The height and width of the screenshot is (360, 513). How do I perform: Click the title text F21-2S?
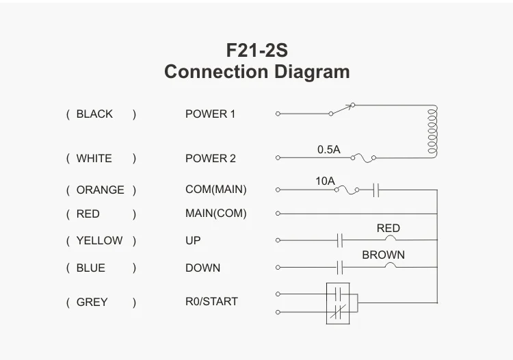pos(256,50)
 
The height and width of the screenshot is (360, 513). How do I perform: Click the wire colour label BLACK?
pos(94,114)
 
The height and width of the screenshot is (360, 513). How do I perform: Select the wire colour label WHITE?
pos(94,158)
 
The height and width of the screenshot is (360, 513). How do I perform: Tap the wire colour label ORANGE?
pos(100,190)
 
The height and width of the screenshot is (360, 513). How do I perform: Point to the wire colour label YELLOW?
pos(99,241)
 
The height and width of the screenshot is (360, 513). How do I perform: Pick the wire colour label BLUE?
pos(91,268)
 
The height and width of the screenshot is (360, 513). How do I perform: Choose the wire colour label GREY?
pos(92,302)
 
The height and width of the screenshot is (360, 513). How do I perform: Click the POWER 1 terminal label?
pos(210,114)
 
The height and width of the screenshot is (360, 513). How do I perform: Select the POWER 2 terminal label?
pos(210,158)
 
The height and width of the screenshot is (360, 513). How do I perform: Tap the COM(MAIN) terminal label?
pos(215,190)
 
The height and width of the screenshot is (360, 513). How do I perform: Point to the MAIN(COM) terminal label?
pos(215,214)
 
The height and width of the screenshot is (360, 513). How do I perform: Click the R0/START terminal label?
pos(211,301)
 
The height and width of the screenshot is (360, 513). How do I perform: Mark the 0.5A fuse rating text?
pos(328,149)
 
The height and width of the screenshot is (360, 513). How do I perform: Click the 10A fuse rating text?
pos(325,181)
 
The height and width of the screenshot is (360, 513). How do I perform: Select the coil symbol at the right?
pos(432,131)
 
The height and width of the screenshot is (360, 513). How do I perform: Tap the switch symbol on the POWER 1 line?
pos(343,109)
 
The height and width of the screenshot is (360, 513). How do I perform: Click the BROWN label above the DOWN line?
pos(383,255)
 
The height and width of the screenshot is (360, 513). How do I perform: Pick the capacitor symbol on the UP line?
pos(340,240)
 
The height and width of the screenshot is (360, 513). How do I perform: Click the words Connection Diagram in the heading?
pos(256,71)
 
